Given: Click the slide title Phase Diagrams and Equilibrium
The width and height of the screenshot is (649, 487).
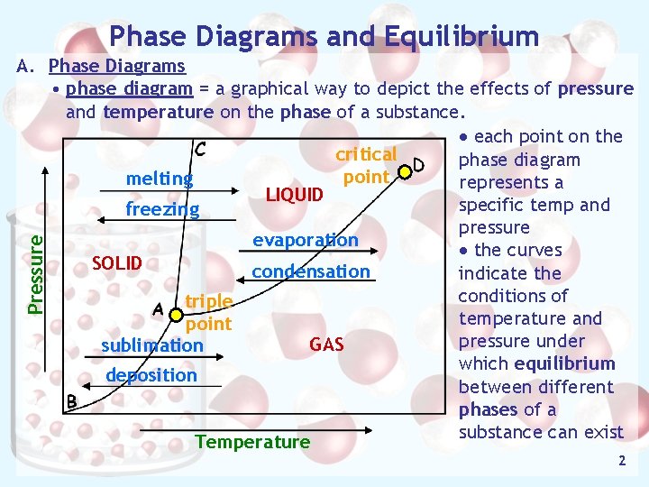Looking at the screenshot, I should [x=324, y=36].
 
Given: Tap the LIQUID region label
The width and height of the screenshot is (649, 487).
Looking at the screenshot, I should [x=294, y=195].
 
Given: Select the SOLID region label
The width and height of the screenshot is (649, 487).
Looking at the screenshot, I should [x=117, y=263].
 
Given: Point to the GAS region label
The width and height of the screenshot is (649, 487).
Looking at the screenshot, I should [x=326, y=344].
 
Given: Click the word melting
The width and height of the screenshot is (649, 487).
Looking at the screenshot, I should [x=160, y=179].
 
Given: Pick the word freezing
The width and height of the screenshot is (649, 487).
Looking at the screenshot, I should [x=162, y=209].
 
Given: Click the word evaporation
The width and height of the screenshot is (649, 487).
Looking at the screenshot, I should [x=306, y=240].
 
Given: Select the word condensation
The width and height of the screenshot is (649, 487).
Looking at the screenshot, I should [x=311, y=271].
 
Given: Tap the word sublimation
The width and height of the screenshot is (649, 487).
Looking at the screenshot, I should [x=152, y=345].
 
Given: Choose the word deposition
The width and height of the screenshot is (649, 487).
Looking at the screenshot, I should [x=151, y=374].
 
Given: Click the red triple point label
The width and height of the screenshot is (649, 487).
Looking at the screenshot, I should [x=208, y=312].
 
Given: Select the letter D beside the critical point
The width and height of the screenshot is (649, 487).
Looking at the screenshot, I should [x=419, y=165].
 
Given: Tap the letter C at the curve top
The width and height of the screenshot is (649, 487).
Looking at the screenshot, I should [x=200, y=148].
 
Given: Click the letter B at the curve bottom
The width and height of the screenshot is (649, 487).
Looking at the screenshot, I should [x=70, y=401].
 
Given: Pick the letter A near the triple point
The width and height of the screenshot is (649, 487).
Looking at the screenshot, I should [x=158, y=309].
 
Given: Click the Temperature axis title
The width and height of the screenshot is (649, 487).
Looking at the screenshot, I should [x=252, y=441].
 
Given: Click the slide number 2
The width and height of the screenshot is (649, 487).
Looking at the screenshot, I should [x=621, y=461].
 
